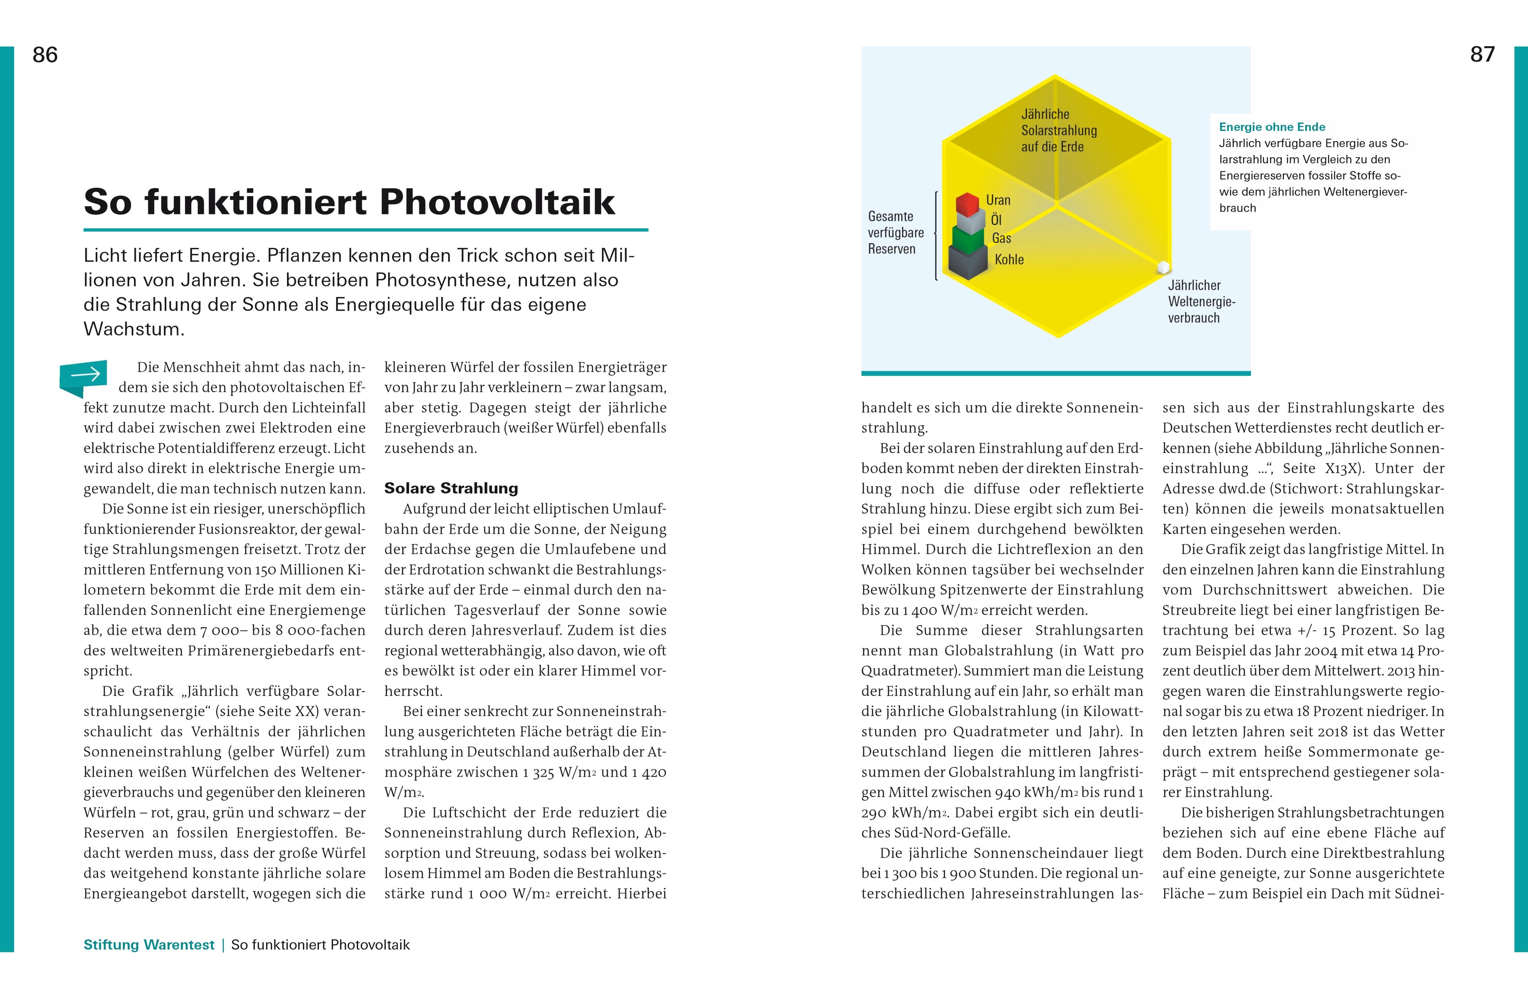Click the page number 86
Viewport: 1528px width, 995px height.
click(45, 55)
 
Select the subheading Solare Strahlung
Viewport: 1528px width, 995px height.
click(451, 488)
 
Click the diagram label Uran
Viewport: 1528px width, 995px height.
click(998, 200)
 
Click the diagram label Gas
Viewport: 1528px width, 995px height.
click(1001, 238)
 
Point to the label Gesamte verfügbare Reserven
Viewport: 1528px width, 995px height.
click(896, 232)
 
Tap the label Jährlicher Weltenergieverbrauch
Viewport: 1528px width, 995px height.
click(1201, 301)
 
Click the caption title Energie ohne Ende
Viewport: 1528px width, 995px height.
click(1272, 127)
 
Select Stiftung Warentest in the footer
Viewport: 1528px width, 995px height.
click(149, 944)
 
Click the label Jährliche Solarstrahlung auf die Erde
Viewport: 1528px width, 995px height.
click(1059, 130)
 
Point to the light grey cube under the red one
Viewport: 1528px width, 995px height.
click(969, 222)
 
